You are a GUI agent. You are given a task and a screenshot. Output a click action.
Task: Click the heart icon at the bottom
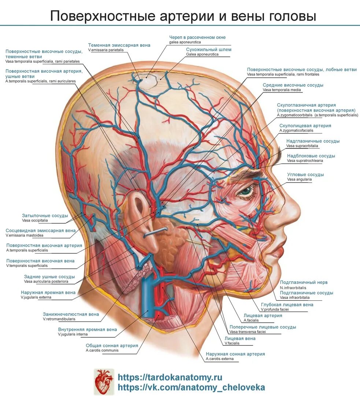[x=104, y=382]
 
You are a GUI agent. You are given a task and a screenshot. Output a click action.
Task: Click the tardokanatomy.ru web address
[x=170, y=377]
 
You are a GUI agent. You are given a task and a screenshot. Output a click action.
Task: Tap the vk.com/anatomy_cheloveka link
[x=191, y=387]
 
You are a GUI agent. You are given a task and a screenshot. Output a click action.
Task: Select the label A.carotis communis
[x=102, y=350]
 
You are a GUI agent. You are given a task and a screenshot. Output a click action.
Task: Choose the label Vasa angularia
[x=299, y=179]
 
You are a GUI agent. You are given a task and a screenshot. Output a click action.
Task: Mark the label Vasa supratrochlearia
[x=305, y=161]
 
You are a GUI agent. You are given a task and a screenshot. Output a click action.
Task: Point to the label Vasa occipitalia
[x=35, y=220]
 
